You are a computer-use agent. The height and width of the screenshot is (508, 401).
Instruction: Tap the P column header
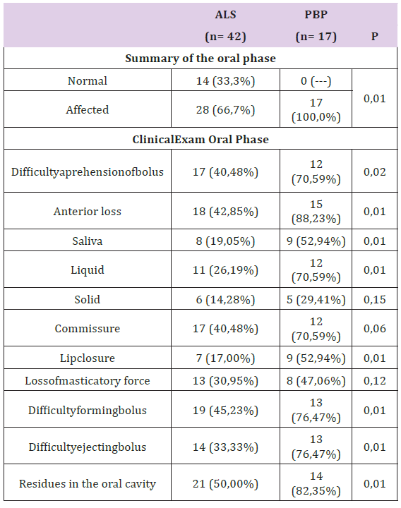374,36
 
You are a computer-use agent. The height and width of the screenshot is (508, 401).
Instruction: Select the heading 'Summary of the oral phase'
200,59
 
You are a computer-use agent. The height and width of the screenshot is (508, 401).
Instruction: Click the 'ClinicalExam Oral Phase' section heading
200,139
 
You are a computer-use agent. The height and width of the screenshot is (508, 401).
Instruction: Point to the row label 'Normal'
88,80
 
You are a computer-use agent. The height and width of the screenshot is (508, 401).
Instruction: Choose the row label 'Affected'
88,109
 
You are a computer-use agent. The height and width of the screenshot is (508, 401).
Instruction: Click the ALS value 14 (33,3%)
225,80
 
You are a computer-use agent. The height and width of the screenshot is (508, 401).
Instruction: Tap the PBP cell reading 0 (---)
316,80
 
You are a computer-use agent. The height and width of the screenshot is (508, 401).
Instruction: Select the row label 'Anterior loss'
88,211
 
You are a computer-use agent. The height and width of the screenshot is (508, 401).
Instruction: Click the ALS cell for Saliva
225,241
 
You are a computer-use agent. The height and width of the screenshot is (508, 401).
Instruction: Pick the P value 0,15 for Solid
374,299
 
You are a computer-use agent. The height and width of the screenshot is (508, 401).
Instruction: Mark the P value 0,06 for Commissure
374,329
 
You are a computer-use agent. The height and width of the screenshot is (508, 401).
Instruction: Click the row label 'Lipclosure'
88,358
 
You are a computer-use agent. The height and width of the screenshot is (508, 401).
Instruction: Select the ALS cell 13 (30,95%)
225,381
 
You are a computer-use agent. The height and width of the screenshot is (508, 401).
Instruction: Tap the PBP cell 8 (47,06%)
316,381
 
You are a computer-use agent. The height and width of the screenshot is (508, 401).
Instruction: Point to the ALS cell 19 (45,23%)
225,410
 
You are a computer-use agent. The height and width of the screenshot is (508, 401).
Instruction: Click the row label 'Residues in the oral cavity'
88,484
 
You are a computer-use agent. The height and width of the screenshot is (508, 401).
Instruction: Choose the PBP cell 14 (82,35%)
316,483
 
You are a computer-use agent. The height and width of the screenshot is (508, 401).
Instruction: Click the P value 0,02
374,171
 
